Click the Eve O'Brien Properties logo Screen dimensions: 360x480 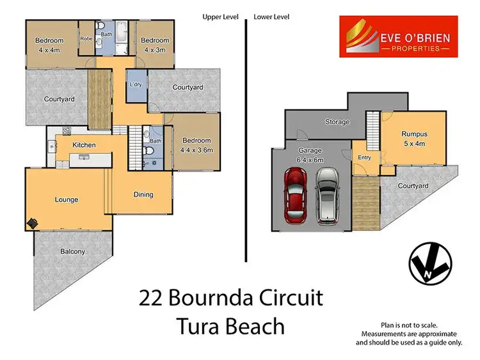(x=394, y=37)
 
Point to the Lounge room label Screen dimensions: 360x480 (x=66, y=200)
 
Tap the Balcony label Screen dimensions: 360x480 (x=73, y=252)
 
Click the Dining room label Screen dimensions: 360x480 (x=143, y=195)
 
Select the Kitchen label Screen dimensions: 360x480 (x=84, y=145)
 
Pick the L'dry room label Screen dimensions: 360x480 (x=136, y=85)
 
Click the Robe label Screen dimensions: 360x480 (x=86, y=38)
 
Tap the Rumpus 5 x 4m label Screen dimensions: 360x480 (x=413, y=139)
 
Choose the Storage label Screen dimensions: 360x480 (x=337, y=122)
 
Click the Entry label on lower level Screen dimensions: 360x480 (x=364, y=157)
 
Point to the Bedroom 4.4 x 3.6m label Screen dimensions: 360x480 (x=196, y=145)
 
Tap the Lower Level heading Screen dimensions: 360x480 (x=272, y=17)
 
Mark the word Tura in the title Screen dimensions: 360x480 (x=196, y=327)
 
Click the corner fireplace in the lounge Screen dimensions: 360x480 (x=32, y=224)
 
